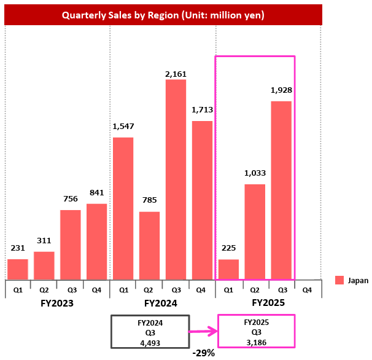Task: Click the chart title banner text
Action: (x=163, y=15)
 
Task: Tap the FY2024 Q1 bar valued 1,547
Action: (x=123, y=208)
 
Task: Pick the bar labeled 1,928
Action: (x=281, y=190)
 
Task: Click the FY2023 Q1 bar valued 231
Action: (x=18, y=269)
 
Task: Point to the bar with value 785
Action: (x=149, y=245)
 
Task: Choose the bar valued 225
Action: (x=228, y=269)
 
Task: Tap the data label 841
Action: (x=96, y=193)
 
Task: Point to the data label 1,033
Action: (x=255, y=174)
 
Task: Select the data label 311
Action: (x=44, y=241)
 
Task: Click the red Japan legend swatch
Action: (x=339, y=281)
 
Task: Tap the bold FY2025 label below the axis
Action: (x=269, y=303)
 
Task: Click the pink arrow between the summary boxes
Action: (x=203, y=334)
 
